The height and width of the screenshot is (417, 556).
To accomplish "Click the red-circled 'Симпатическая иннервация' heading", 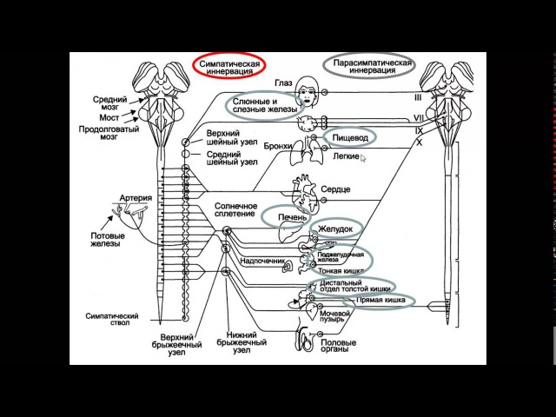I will point(229,67).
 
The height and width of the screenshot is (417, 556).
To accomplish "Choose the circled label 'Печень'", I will point(291,215).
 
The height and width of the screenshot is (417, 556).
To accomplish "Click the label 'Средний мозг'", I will point(111,103).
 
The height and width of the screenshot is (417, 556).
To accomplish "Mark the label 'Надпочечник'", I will point(261,258).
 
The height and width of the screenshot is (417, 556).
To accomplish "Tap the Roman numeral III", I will point(417,98).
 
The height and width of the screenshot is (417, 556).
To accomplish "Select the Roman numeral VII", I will point(418,116).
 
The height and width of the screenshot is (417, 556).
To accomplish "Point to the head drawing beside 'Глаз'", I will point(308,88).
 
